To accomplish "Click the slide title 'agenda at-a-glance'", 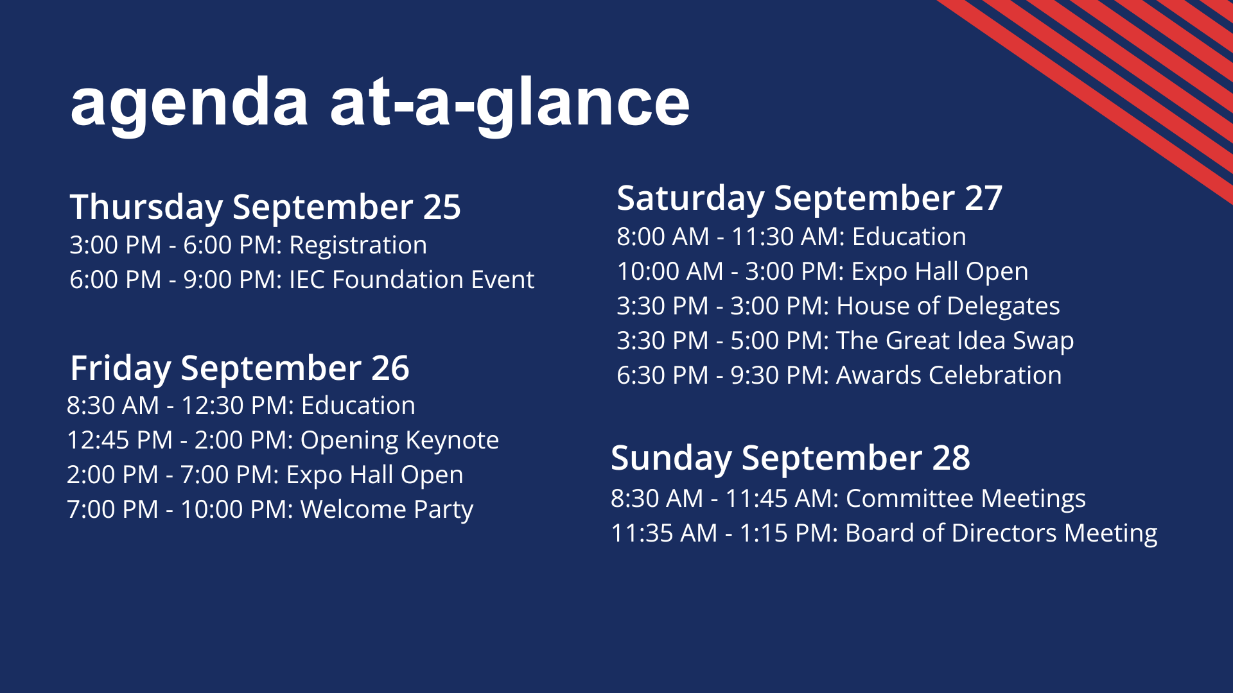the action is (x=380, y=105).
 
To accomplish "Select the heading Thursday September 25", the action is (x=265, y=207).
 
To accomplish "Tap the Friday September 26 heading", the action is (x=240, y=369).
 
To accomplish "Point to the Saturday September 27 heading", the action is (x=809, y=198).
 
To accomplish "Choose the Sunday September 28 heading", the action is (x=791, y=458).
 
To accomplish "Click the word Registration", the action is (x=358, y=246).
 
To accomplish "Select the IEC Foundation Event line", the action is (x=302, y=280).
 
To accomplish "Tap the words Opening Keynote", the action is (x=399, y=441).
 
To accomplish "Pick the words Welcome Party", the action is (x=387, y=510).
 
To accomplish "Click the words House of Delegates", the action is (x=948, y=307).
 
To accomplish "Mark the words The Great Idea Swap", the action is (x=954, y=341).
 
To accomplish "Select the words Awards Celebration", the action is (x=949, y=375).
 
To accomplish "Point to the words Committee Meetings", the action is (x=965, y=499).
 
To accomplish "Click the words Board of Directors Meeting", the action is (x=1001, y=534).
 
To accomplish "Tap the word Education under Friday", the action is (x=358, y=406).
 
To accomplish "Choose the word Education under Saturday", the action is (x=909, y=237).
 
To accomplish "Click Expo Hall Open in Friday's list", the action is (x=374, y=475).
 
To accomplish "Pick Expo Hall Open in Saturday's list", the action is (x=940, y=272).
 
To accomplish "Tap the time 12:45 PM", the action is (x=120, y=441).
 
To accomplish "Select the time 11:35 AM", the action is (x=664, y=534).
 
